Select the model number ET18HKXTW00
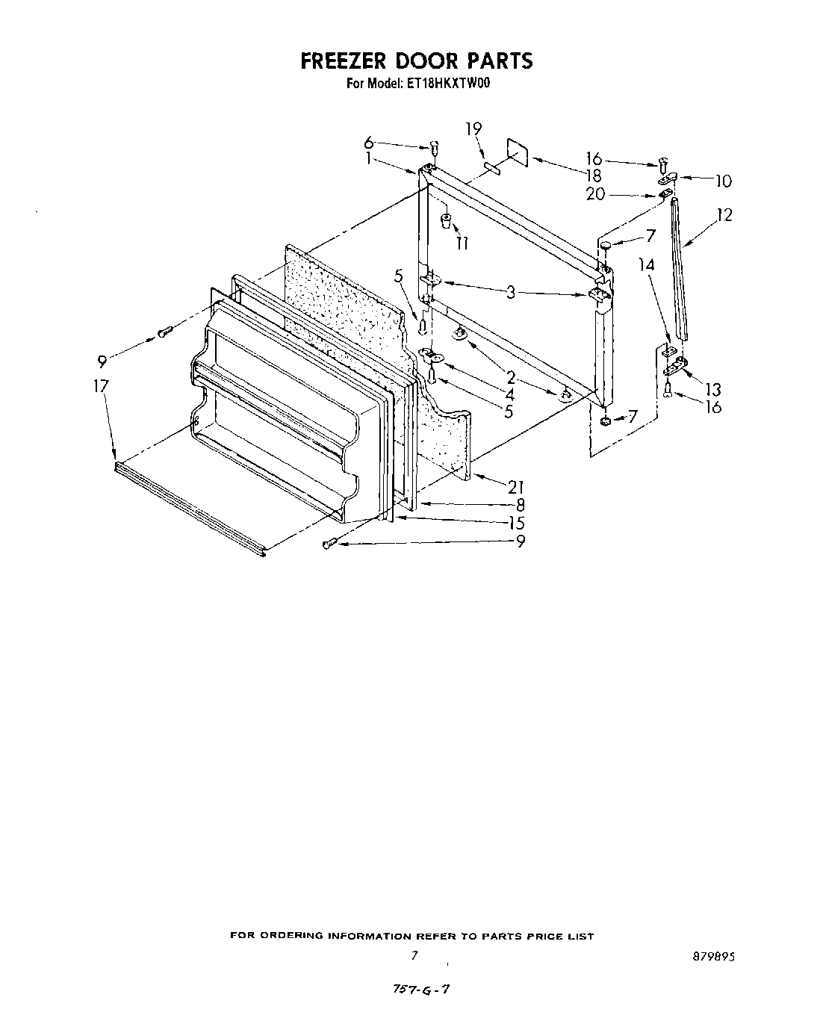(449, 84)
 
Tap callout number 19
(473, 129)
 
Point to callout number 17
(101, 386)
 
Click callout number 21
(515, 487)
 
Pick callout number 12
(723, 215)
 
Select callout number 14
(647, 264)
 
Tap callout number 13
(712, 389)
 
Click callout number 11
(462, 243)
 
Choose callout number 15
(515, 523)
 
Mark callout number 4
(509, 394)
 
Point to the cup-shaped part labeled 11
(447, 221)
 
